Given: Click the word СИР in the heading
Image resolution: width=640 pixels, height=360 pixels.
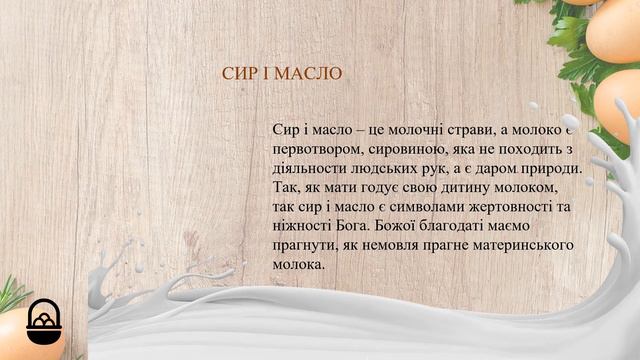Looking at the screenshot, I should click(x=237, y=75).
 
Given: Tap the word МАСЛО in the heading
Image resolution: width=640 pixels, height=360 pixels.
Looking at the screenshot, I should click(x=310, y=75).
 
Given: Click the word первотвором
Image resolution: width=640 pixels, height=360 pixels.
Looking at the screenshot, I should click(x=311, y=150).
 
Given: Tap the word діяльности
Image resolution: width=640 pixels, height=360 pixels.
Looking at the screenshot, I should click(x=306, y=169).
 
